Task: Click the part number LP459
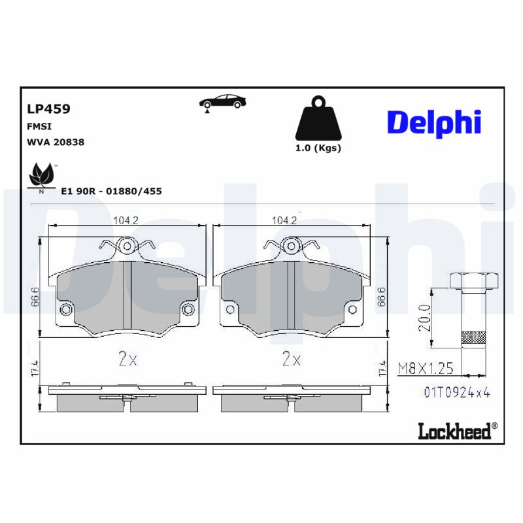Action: pyautogui.click(x=48, y=109)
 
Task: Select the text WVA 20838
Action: pyautogui.click(x=56, y=142)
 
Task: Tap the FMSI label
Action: pyautogui.click(x=39, y=126)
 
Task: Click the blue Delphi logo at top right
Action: pyautogui.click(x=433, y=122)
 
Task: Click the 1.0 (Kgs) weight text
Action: pyautogui.click(x=318, y=148)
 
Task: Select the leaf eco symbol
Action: pyautogui.click(x=41, y=175)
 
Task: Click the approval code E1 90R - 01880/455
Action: pyautogui.click(x=111, y=191)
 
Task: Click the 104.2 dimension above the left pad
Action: pyautogui.click(x=126, y=220)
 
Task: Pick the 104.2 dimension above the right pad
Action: pyautogui.click(x=284, y=220)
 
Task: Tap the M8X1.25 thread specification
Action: pyautogui.click(x=426, y=369)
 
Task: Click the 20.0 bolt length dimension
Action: pyautogui.click(x=426, y=316)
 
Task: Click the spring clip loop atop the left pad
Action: pyautogui.click(x=127, y=246)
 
